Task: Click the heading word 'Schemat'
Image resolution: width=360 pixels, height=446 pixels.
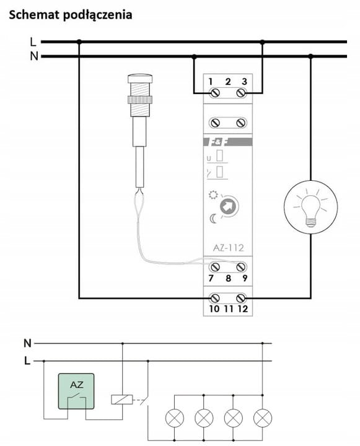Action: [x=34, y=14]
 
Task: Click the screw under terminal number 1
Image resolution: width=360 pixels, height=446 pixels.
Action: [x=215, y=93]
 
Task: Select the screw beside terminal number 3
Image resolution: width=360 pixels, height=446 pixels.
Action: [x=241, y=93]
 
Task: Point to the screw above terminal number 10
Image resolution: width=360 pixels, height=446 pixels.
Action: [x=214, y=298]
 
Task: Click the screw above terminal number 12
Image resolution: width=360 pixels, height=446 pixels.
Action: [x=241, y=298]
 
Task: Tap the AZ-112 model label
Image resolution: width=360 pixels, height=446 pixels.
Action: [x=228, y=248]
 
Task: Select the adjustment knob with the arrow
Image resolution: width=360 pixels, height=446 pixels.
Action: [x=229, y=206]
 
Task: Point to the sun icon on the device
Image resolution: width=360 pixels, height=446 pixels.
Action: [x=213, y=195]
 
